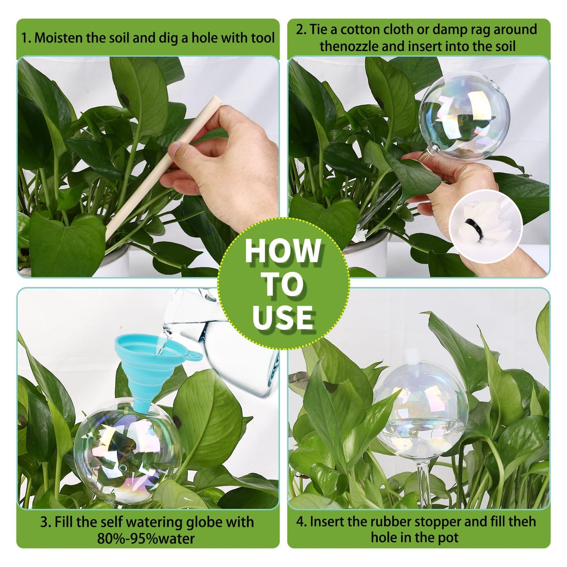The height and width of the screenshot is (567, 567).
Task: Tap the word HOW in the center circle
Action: pos(283,251)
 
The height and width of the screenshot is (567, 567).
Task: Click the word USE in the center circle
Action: pos(283,317)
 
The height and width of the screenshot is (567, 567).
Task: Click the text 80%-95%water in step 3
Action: pos(146,538)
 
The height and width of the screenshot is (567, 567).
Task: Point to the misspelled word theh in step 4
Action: pos(522,521)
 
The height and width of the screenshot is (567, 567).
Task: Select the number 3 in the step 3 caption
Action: pos(44,522)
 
